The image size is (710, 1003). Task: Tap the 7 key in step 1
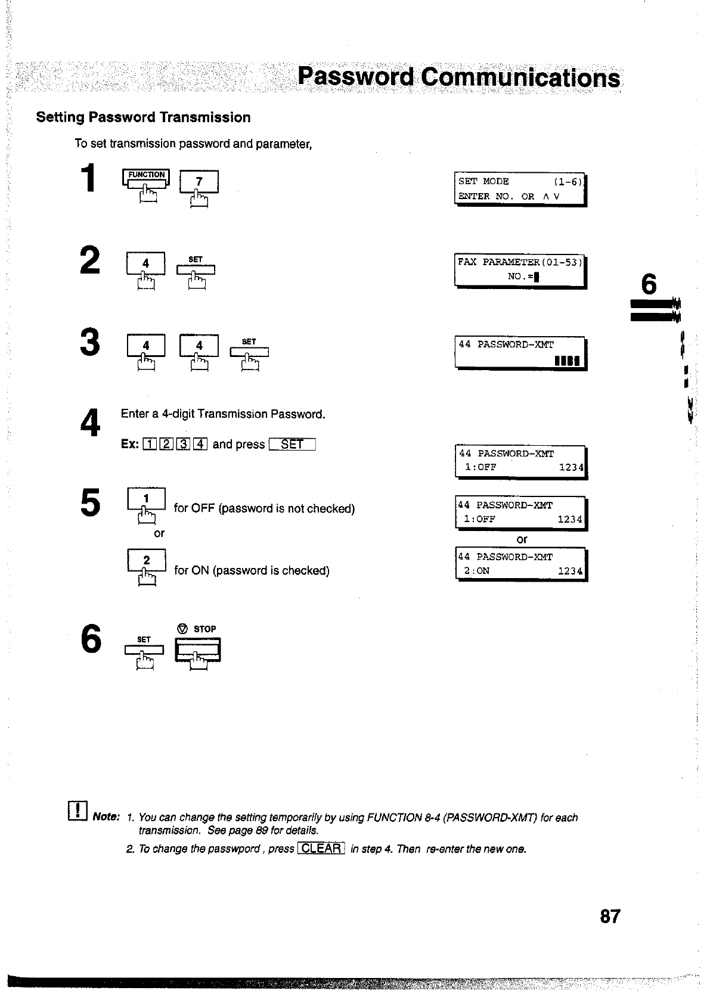199,181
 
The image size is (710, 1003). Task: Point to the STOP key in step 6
197,649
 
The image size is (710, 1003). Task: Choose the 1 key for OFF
146,499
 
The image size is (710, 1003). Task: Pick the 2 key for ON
146,560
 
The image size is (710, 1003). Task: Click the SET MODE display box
520,189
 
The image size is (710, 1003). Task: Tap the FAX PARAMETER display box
520,270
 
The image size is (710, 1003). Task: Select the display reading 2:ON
521,564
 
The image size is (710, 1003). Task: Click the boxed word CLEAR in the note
321,849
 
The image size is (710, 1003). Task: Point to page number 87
610,916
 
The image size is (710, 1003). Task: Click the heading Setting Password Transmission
143,117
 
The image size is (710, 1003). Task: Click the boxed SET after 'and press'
292,445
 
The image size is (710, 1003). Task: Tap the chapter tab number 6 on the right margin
649,284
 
